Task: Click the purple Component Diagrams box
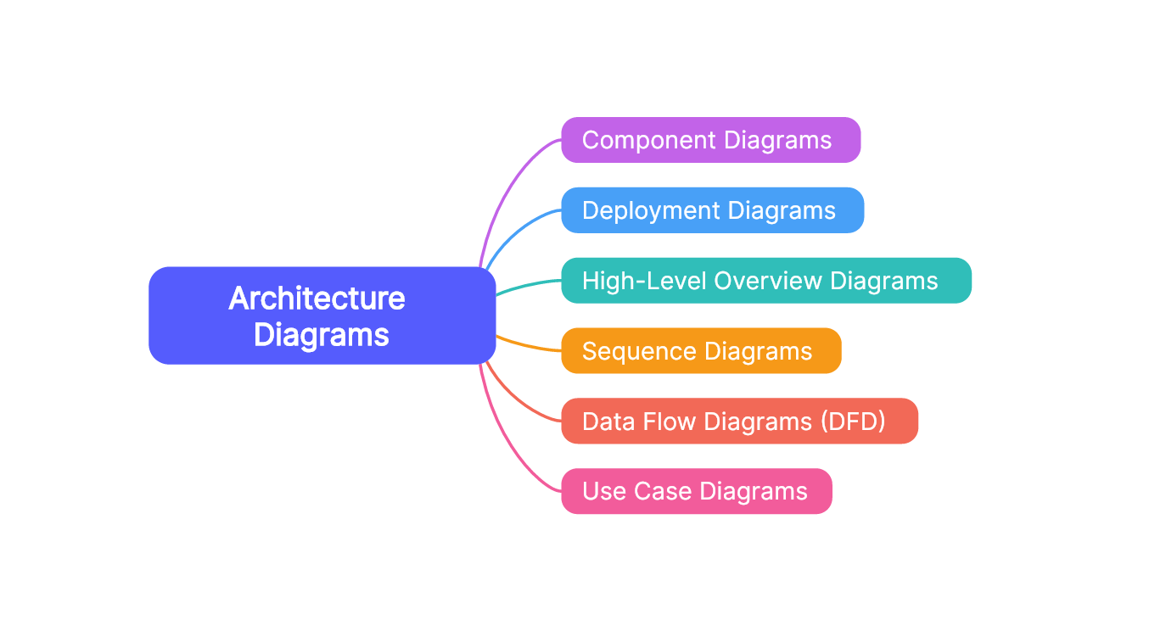click(x=710, y=140)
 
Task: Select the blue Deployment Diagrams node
click(x=712, y=210)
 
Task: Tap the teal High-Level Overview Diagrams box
click(x=765, y=281)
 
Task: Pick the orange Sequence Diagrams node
click(x=701, y=351)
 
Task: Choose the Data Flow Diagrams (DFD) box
click(x=739, y=422)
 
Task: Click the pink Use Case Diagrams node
click(x=696, y=491)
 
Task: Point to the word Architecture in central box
click(x=317, y=299)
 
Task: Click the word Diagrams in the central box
click(x=321, y=335)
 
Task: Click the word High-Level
click(x=642, y=281)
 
